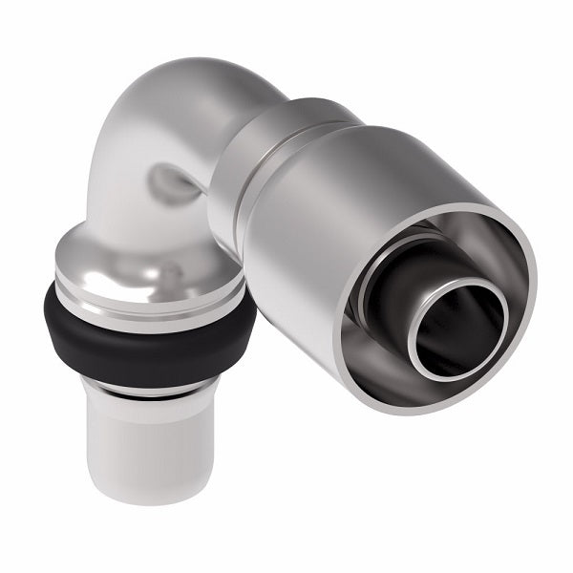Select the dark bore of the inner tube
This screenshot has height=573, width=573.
pyautogui.click(x=458, y=329)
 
